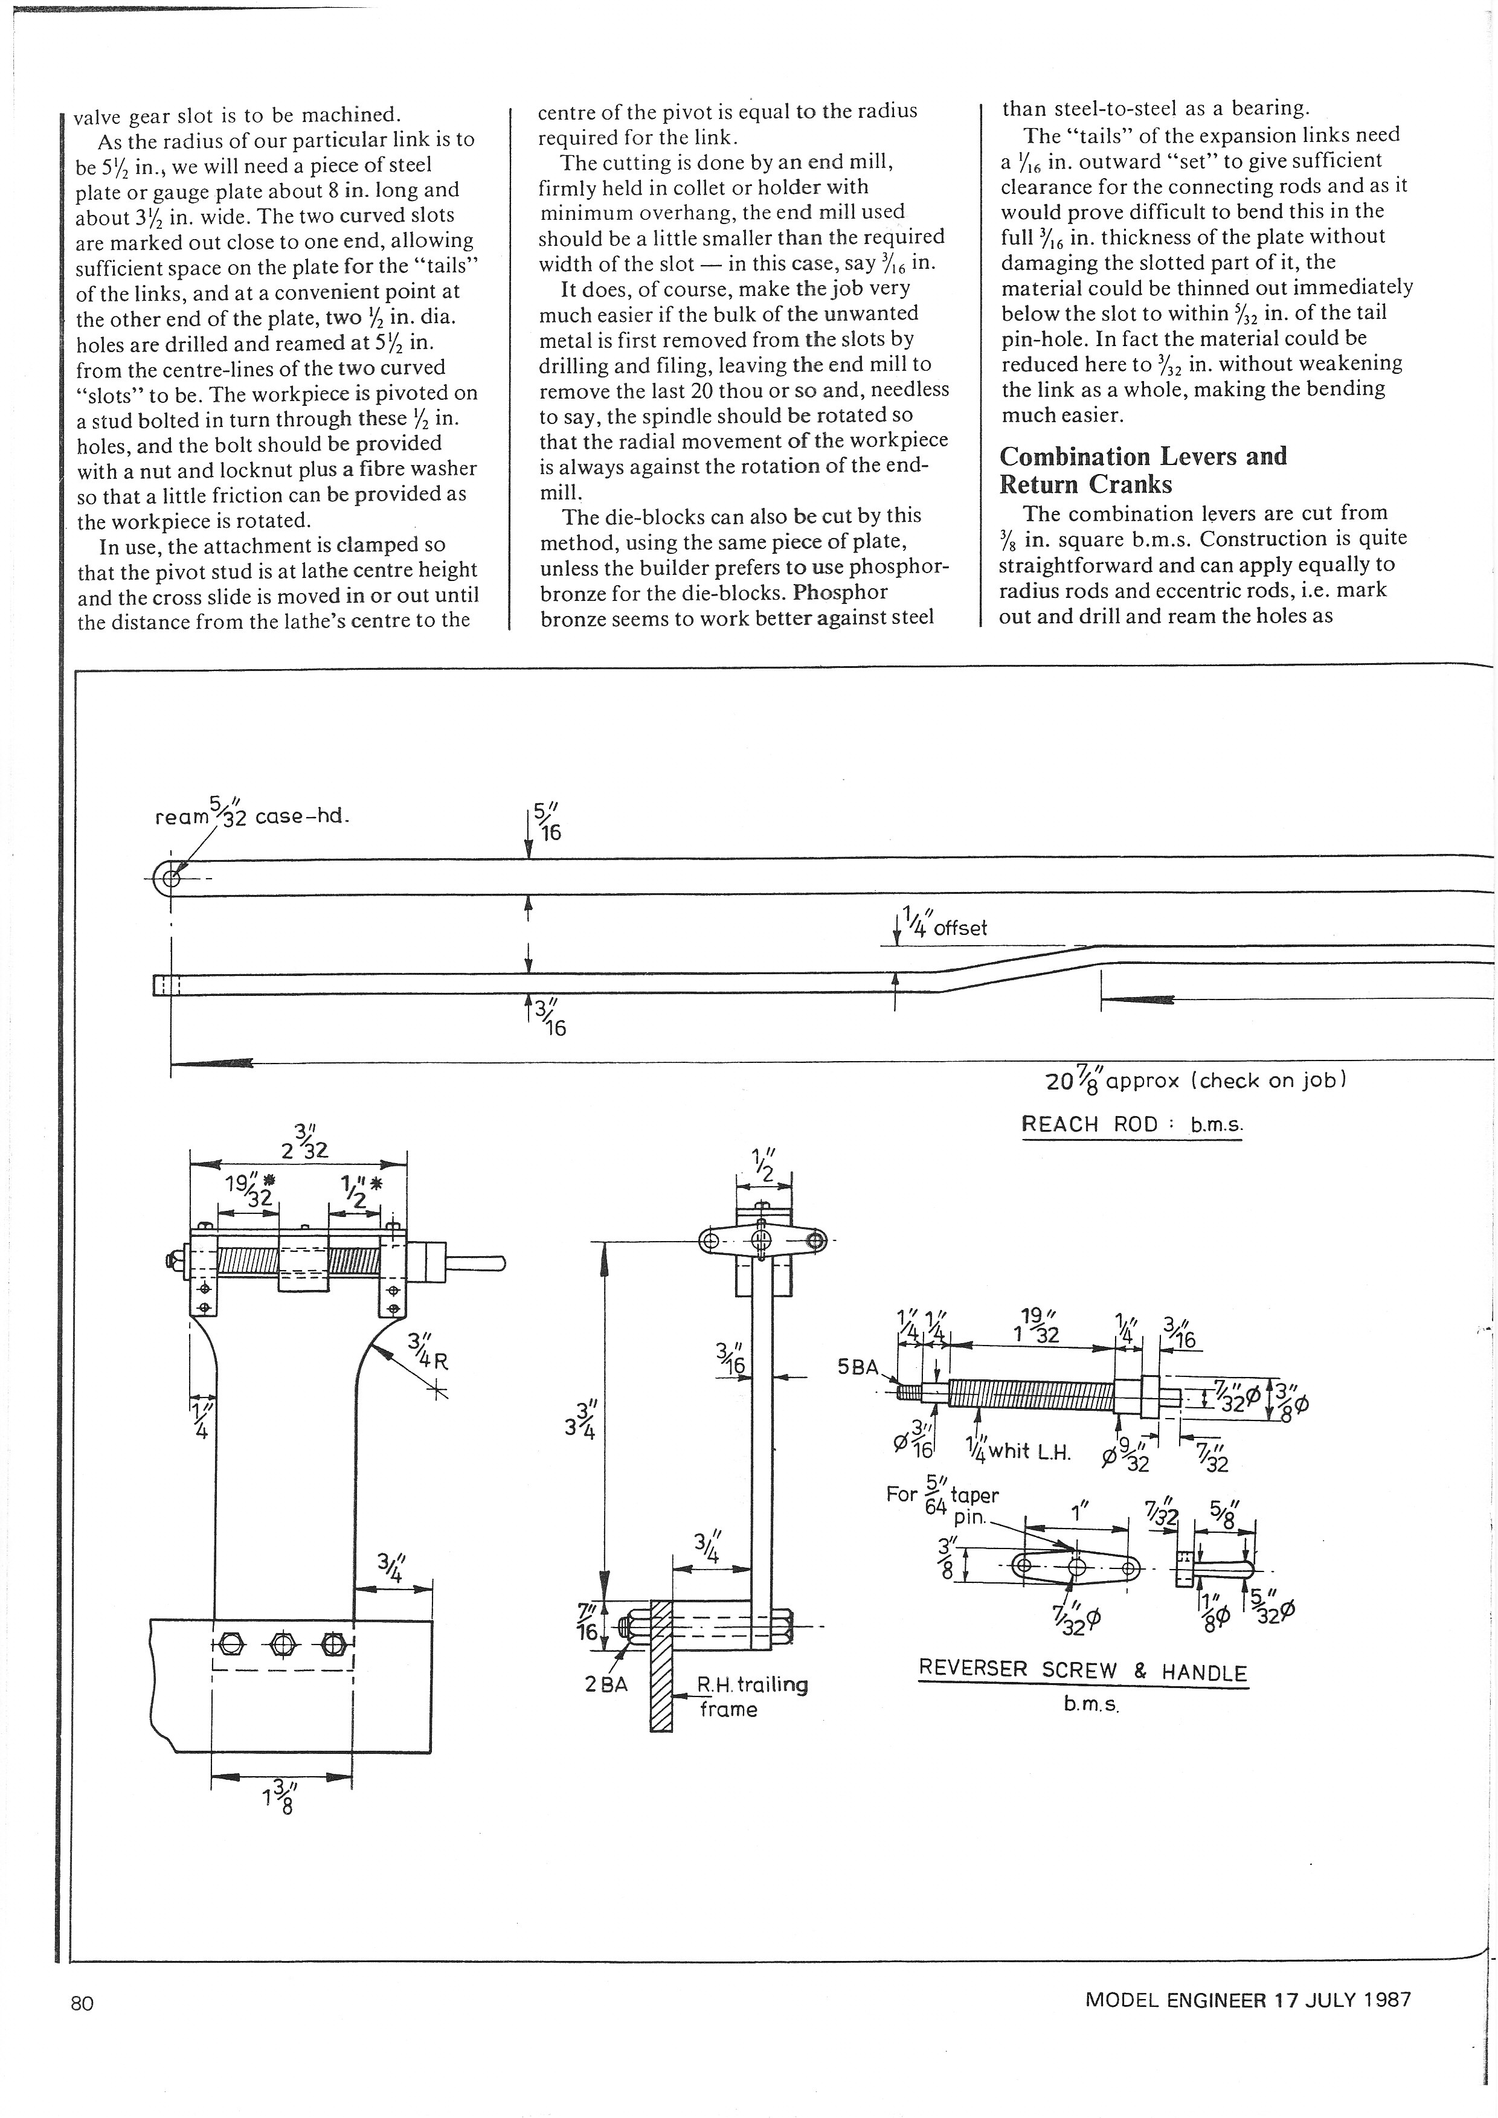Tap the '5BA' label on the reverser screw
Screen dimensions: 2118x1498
coord(858,1366)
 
